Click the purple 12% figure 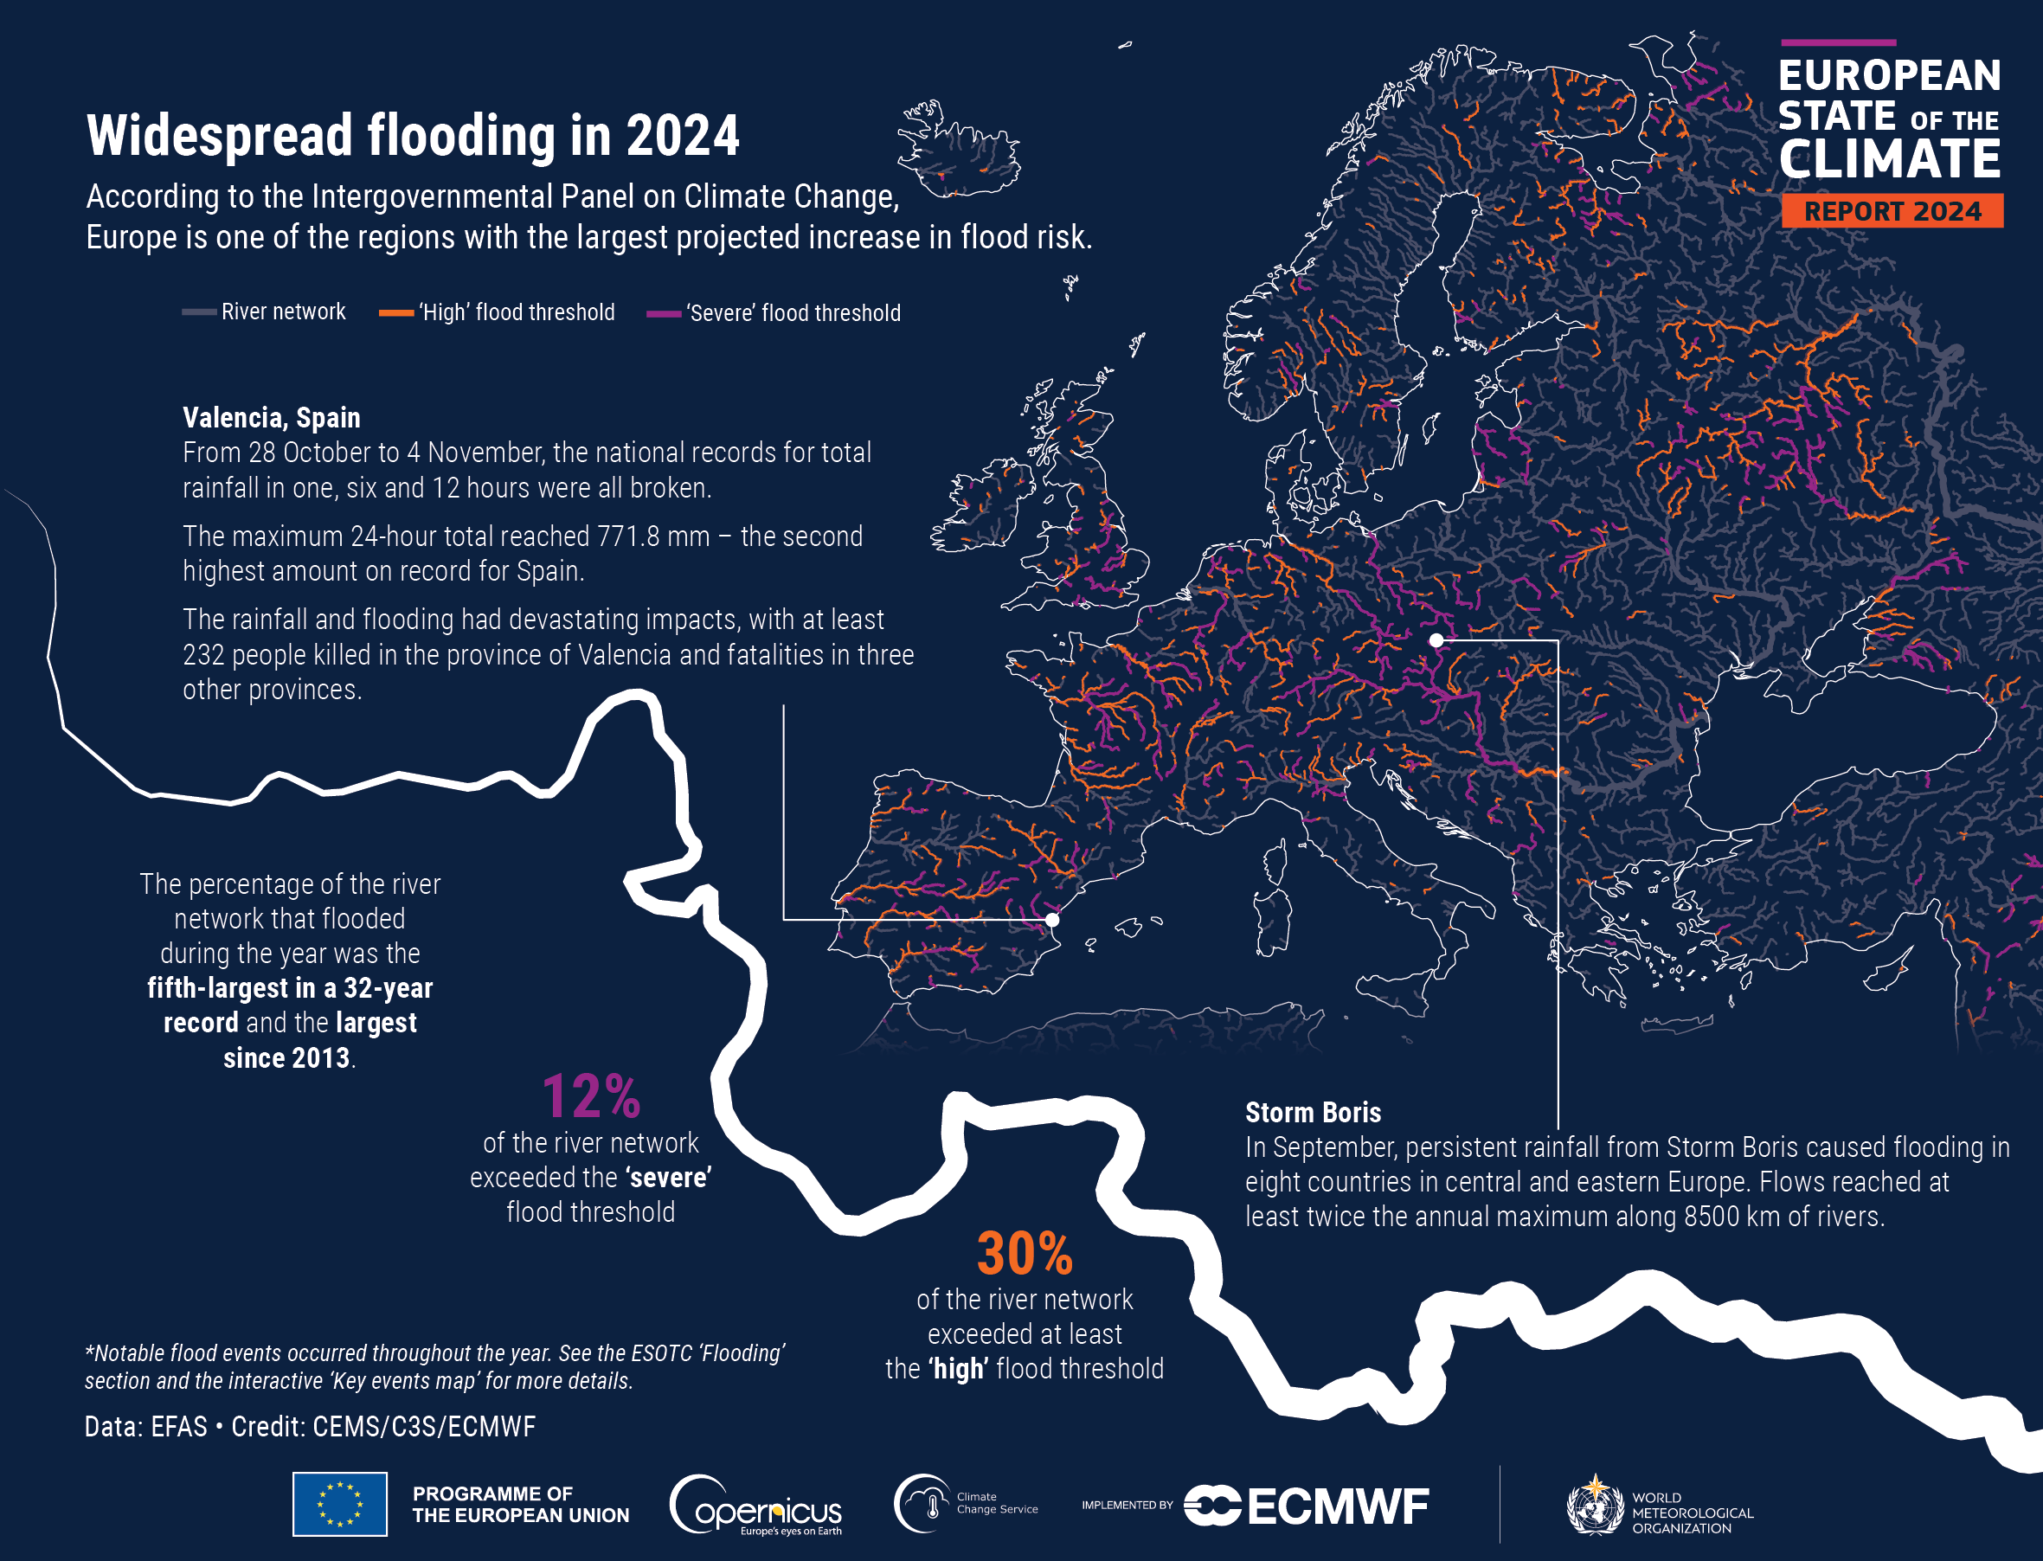pyautogui.click(x=591, y=1096)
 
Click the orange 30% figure pyautogui.click(x=1024, y=1254)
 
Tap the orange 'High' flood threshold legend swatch pyautogui.click(x=395, y=313)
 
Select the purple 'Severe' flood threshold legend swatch pyautogui.click(x=664, y=314)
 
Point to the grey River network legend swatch pyautogui.click(x=199, y=312)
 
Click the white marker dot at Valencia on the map pyautogui.click(x=1051, y=920)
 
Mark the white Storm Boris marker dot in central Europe pyautogui.click(x=1436, y=640)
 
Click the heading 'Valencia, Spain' pyautogui.click(x=272, y=418)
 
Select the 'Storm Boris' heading pyautogui.click(x=1313, y=1112)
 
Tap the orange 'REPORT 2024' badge pyautogui.click(x=1892, y=211)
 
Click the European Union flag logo pyautogui.click(x=340, y=1504)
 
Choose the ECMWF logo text pyautogui.click(x=1338, y=1506)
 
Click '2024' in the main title pyautogui.click(x=683, y=137)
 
